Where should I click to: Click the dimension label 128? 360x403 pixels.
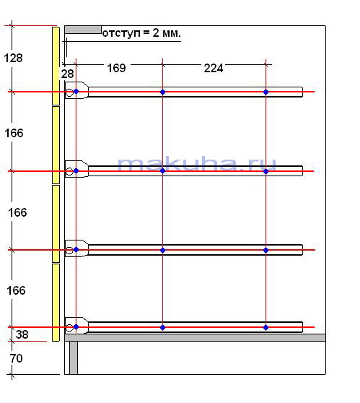click(x=13, y=58)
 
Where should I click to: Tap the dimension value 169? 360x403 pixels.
click(x=116, y=68)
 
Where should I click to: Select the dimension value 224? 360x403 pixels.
click(x=214, y=69)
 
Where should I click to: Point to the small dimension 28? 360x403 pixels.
click(x=68, y=74)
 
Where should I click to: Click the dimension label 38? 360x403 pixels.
click(x=22, y=334)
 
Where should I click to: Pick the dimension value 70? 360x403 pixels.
click(x=16, y=358)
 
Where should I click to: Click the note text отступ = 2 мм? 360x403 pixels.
click(x=141, y=33)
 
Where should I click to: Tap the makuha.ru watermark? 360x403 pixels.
click(x=197, y=164)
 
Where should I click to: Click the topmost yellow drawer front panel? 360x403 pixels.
click(x=56, y=66)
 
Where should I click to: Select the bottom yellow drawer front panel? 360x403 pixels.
click(x=56, y=303)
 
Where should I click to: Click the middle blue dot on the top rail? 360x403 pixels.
click(x=162, y=92)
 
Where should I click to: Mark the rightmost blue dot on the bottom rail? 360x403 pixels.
click(x=265, y=327)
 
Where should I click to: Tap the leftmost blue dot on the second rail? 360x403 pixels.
click(x=76, y=170)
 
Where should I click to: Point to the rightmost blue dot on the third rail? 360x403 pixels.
click(x=265, y=250)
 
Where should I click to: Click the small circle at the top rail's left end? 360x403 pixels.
click(x=69, y=92)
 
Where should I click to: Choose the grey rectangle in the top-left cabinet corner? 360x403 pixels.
click(x=83, y=30)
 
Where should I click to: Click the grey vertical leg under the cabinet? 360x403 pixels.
click(x=74, y=357)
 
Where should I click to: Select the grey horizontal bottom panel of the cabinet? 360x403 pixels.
click(x=195, y=337)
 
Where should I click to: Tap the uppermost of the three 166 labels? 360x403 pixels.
click(x=14, y=133)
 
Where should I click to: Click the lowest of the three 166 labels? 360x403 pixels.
click(x=16, y=290)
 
